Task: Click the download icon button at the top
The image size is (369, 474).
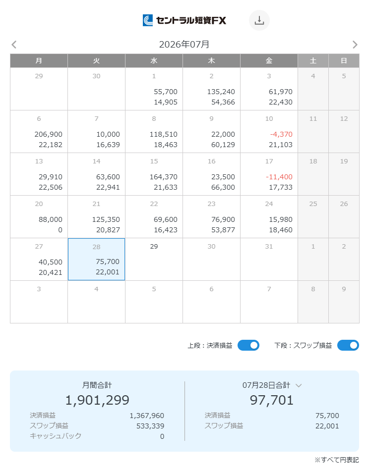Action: pyautogui.click(x=259, y=20)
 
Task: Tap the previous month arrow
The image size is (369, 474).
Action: pyautogui.click(x=14, y=45)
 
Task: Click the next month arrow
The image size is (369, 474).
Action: pyautogui.click(x=355, y=45)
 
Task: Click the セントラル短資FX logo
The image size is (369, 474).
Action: pyautogui.click(x=184, y=20)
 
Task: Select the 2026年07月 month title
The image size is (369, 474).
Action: pyautogui.click(x=184, y=45)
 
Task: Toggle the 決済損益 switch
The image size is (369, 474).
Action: pyautogui.click(x=248, y=345)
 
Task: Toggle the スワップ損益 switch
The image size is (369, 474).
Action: pyautogui.click(x=348, y=345)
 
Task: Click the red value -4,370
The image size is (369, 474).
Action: pyautogui.click(x=281, y=134)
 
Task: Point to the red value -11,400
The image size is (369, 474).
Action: pyautogui.click(x=279, y=177)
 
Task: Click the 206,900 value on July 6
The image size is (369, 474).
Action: pyautogui.click(x=49, y=134)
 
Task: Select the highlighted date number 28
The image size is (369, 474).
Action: pyautogui.click(x=96, y=247)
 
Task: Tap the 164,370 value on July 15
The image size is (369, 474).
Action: pyautogui.click(x=164, y=177)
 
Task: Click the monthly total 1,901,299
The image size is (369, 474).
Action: pyautogui.click(x=97, y=400)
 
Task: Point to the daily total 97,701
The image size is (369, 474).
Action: pyautogui.click(x=271, y=400)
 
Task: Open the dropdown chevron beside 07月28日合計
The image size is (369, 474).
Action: pyautogui.click(x=299, y=385)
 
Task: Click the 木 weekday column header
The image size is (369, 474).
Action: pyautogui.click(x=211, y=61)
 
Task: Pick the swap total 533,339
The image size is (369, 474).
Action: pyautogui.click(x=150, y=426)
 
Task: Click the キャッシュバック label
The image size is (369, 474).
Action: pyautogui.click(x=56, y=436)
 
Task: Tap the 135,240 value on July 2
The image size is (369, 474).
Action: pyautogui.click(x=221, y=92)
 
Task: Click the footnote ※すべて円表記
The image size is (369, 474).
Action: pyautogui.click(x=337, y=460)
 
